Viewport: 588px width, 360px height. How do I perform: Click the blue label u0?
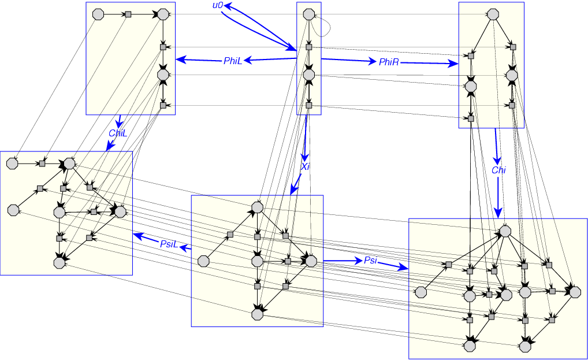tap(218, 6)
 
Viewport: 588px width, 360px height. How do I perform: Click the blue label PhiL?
tap(233, 60)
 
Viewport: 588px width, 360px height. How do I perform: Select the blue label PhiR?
tap(389, 62)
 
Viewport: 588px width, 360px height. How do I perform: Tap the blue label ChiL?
tap(117, 133)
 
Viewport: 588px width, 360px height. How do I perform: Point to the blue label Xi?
tap(306, 166)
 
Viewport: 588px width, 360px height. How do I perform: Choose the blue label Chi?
tap(498, 170)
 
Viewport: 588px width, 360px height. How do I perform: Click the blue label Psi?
tap(370, 261)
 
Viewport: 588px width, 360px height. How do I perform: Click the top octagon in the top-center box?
tap(309, 14)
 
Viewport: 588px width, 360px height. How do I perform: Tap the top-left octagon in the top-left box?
tap(98, 14)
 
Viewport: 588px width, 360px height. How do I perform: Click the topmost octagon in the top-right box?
tap(493, 14)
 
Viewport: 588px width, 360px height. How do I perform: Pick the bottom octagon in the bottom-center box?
tap(258, 314)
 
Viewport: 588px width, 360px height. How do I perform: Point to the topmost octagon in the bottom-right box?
tap(505, 231)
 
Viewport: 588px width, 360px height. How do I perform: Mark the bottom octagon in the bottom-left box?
tap(59, 263)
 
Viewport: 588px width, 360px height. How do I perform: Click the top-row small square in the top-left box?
tap(129, 14)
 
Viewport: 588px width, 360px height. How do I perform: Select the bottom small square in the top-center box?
tap(309, 106)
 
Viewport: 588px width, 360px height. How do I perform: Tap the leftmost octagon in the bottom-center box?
tap(203, 261)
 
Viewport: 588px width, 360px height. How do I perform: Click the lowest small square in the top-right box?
tap(471, 118)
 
